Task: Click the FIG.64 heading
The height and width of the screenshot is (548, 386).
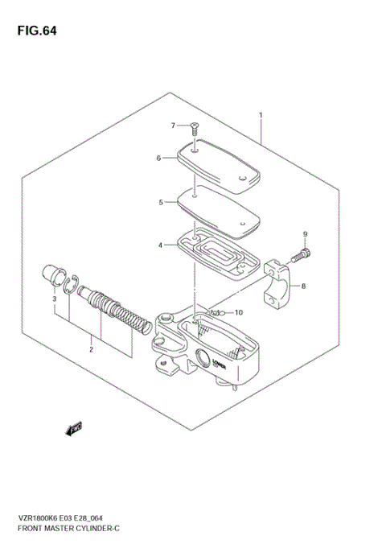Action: pos(36,31)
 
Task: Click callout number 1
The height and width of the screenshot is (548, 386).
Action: pos(261,115)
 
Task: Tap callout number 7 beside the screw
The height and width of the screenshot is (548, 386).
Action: pos(172,126)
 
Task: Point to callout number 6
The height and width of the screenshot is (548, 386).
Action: pos(159,159)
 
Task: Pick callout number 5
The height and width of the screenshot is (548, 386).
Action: pos(161,202)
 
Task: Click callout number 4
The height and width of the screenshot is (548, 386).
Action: pos(161,245)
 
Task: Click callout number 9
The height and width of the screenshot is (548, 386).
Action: pos(305,234)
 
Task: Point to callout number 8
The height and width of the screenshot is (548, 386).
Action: pos(302,286)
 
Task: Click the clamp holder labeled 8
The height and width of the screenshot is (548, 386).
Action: pos(280,282)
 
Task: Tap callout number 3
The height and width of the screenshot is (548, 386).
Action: pos(54,299)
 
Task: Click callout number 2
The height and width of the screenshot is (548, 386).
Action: pos(91,349)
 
